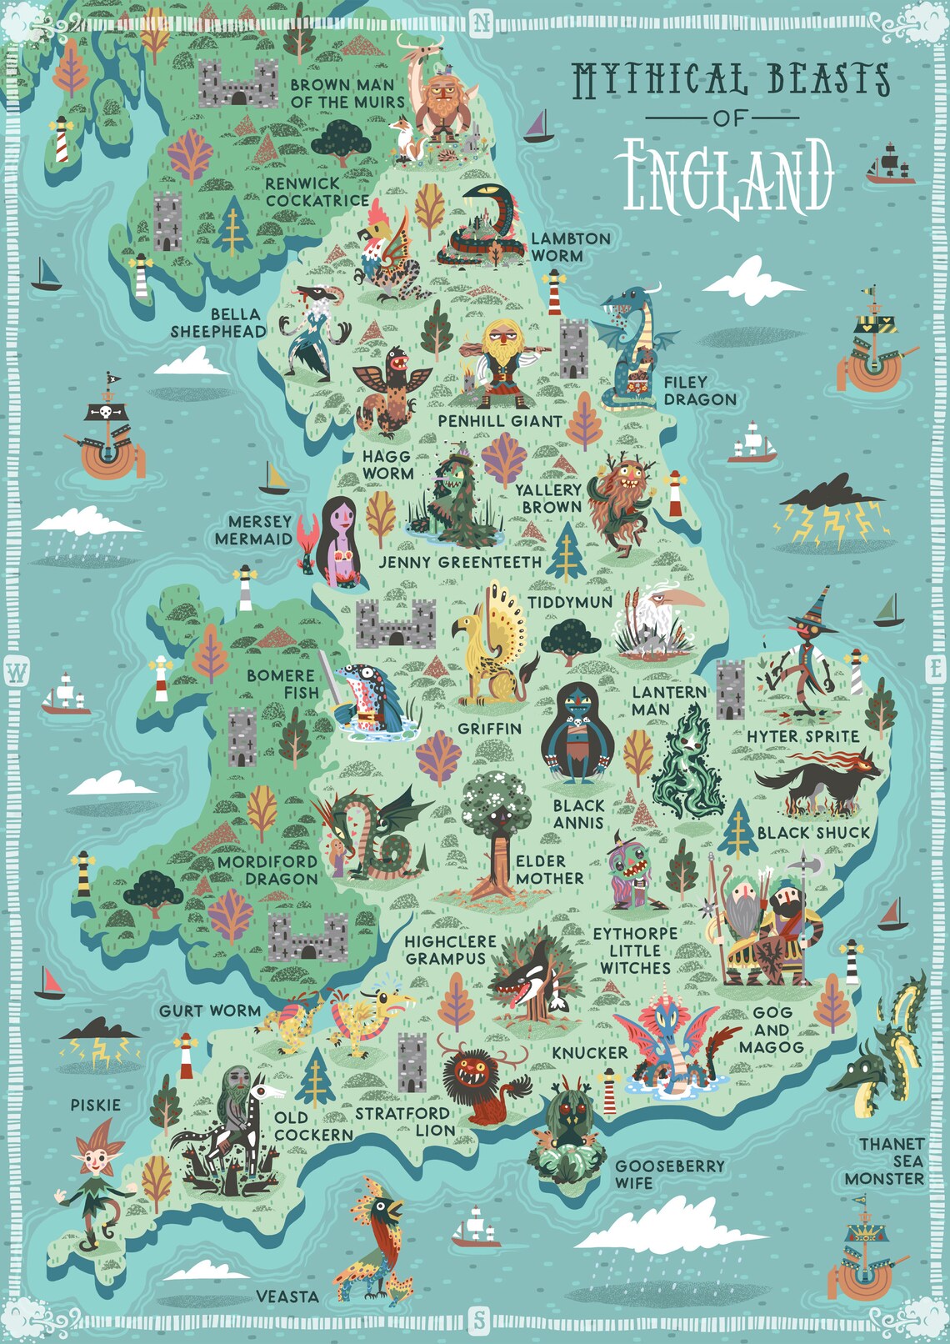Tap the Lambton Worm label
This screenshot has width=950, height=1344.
coord(570,247)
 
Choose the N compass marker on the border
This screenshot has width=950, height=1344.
coord(482,23)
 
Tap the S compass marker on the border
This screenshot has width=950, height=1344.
coord(478,1320)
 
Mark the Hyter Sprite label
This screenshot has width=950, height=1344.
coord(802,736)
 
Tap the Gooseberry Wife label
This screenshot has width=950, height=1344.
coord(669,1174)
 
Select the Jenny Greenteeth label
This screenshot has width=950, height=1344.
coord(460,562)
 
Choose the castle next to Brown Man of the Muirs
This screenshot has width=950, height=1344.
coord(238,83)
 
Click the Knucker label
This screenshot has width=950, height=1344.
coord(589,1053)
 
